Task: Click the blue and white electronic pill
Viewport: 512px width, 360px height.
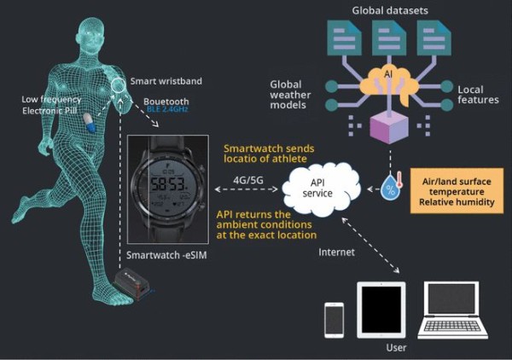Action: point(89,123)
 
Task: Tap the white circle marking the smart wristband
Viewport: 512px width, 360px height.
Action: point(111,85)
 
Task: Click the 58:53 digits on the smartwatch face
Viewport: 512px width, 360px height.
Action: point(167,185)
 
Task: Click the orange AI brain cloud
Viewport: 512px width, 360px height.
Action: point(388,84)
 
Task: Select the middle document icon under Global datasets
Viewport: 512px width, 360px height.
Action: point(389,38)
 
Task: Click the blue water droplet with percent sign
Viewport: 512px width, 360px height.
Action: point(390,187)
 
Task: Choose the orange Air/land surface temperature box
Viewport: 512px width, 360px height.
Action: point(457,191)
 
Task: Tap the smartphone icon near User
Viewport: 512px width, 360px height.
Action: point(334,320)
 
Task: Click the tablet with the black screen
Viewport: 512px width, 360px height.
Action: point(381,310)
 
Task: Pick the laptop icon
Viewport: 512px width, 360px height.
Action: point(453,311)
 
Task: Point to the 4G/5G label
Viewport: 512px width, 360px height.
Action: point(248,180)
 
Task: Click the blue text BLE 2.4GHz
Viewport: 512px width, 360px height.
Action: point(167,109)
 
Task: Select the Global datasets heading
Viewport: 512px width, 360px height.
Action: point(390,10)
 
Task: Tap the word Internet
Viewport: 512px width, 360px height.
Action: point(336,252)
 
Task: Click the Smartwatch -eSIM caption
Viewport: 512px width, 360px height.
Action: point(166,255)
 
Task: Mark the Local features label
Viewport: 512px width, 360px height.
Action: point(478,95)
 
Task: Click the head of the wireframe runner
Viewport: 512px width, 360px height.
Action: point(90,33)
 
